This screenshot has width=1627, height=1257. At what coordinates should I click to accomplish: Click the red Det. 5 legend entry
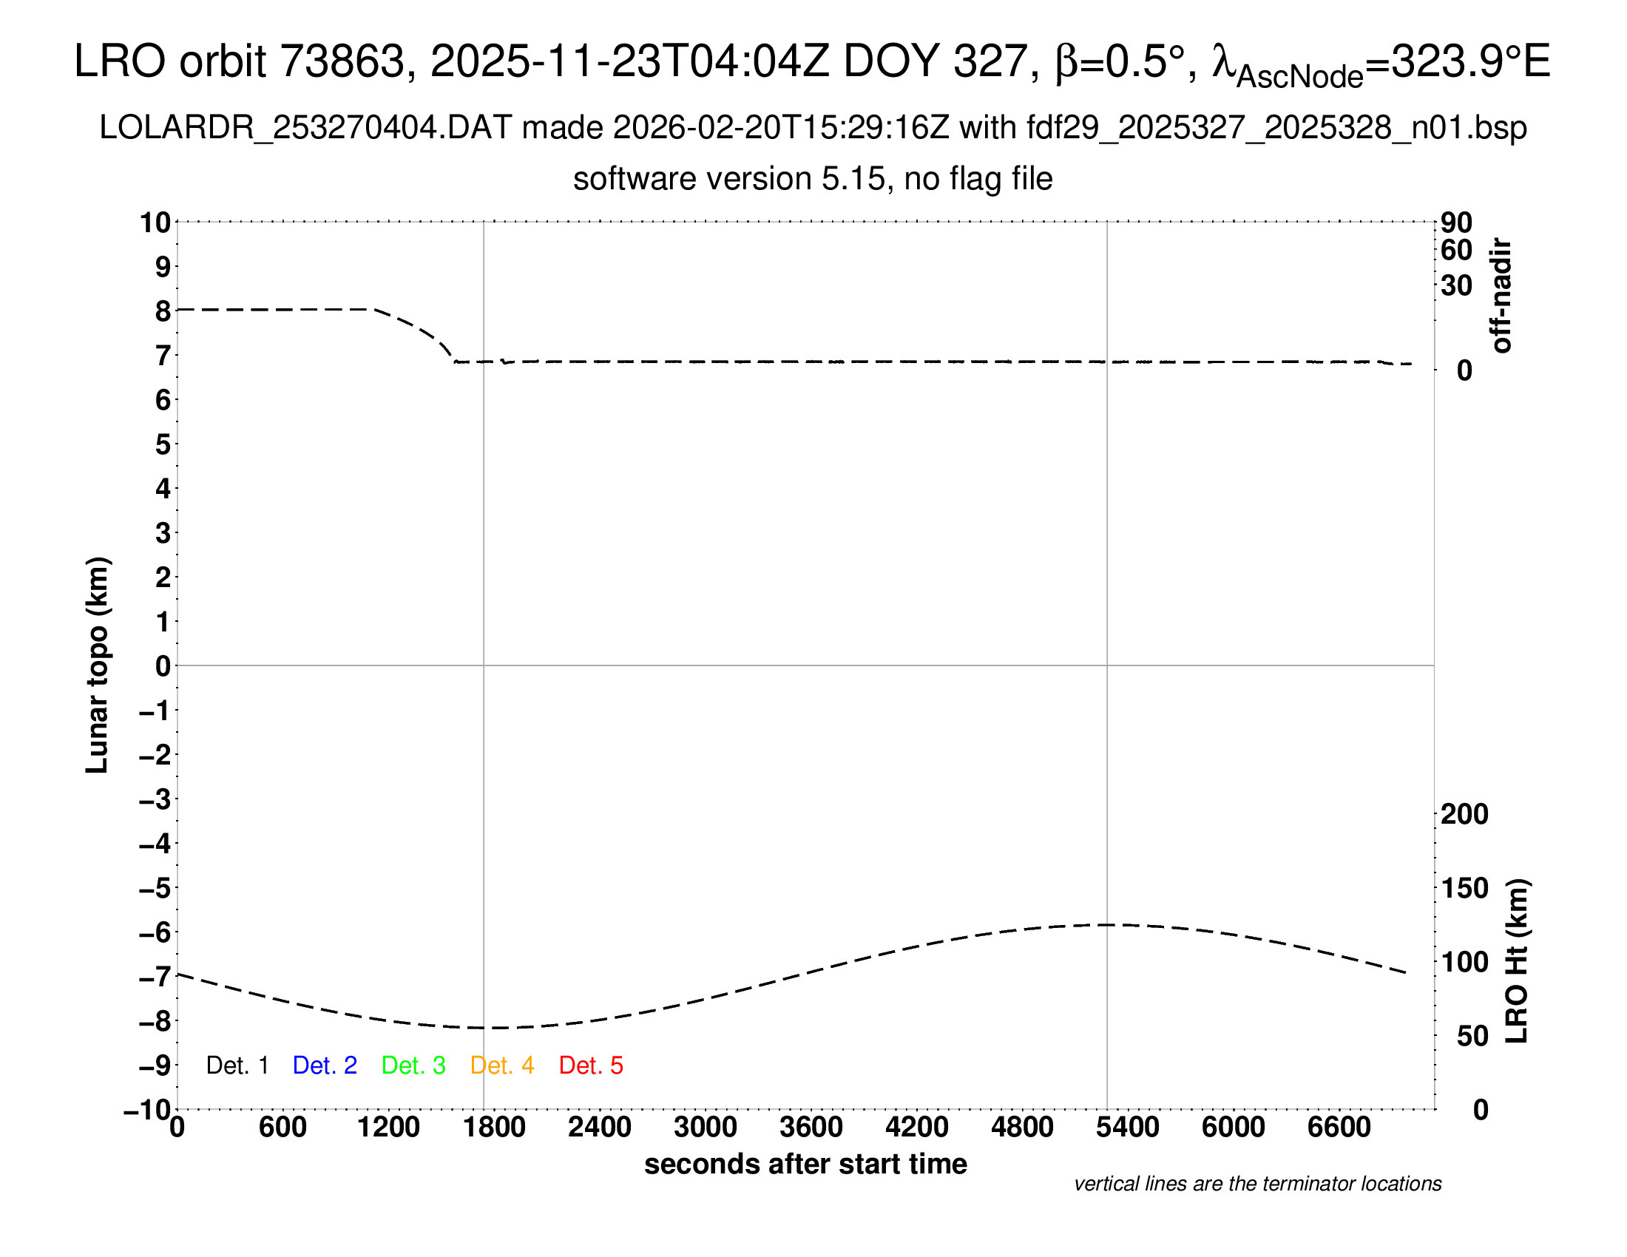click(x=591, y=1065)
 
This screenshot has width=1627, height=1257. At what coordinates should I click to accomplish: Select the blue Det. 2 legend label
click(x=325, y=1065)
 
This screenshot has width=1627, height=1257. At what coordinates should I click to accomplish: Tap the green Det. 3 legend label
click(x=413, y=1065)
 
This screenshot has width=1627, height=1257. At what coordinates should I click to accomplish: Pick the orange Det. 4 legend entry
click(x=502, y=1065)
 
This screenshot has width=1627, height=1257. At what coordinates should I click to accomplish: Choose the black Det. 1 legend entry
click(x=237, y=1065)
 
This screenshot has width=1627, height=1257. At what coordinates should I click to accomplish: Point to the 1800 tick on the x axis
click(x=494, y=1128)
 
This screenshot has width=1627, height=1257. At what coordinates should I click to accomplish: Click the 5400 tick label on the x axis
click(x=1128, y=1128)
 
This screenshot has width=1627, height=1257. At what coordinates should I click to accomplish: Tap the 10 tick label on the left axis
click(x=156, y=222)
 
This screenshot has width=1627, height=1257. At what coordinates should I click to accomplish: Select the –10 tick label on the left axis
click(x=146, y=1111)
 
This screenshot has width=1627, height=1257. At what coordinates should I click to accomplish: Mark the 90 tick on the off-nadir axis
click(x=1456, y=222)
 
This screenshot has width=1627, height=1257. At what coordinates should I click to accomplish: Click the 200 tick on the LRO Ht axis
click(x=1464, y=814)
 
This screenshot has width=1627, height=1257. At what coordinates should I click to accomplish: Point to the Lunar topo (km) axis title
click(x=98, y=665)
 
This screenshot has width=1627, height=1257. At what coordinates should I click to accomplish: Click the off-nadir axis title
click(x=1502, y=296)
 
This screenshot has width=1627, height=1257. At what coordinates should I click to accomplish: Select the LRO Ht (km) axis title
click(x=1517, y=961)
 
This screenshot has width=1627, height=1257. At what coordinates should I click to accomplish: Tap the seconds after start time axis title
click(x=805, y=1164)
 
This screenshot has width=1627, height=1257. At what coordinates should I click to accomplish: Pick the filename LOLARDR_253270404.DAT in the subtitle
click(x=305, y=128)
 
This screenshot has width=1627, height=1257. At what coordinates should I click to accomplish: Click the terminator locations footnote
click(x=1257, y=1184)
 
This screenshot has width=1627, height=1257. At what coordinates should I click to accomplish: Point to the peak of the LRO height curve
click(x=1108, y=924)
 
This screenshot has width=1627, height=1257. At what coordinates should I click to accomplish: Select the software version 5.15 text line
click(x=813, y=179)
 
